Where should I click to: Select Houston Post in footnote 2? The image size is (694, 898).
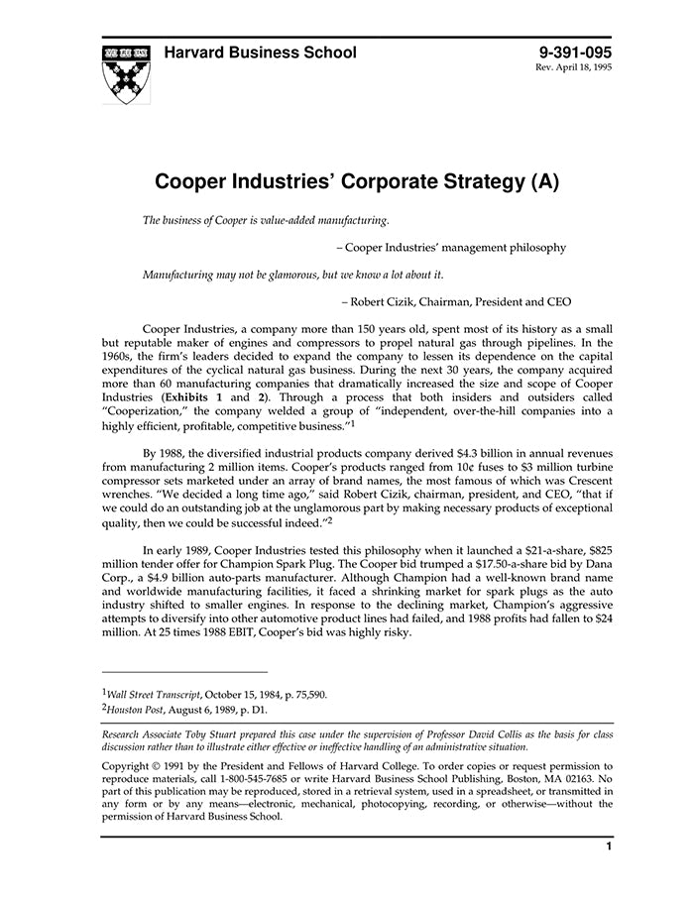click(x=133, y=710)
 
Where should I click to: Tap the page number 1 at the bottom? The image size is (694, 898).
click(x=609, y=846)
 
